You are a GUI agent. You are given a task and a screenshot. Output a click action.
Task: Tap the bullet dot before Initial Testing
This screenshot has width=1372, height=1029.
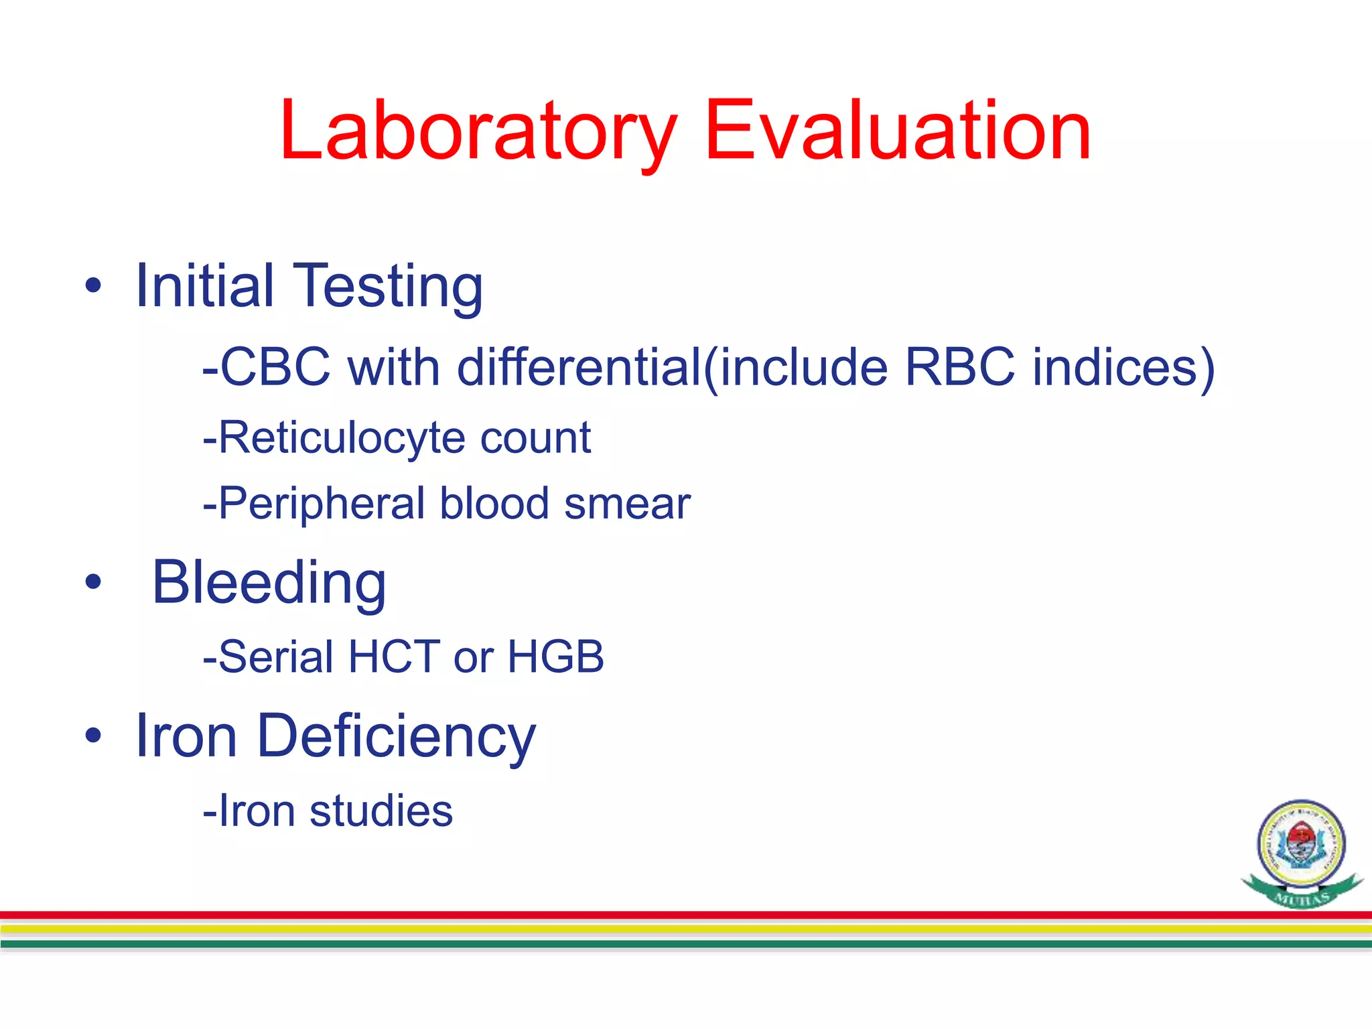(93, 287)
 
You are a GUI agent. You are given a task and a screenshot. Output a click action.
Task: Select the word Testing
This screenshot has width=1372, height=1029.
(389, 287)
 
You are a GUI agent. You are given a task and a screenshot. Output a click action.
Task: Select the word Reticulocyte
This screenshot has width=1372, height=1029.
(342, 438)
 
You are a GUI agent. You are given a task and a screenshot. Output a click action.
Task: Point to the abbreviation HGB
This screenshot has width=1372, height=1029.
(555, 657)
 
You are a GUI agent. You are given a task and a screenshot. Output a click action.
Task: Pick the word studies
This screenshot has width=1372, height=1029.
(381, 811)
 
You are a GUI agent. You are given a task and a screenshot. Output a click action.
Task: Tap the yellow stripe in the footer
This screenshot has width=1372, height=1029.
(686, 929)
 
